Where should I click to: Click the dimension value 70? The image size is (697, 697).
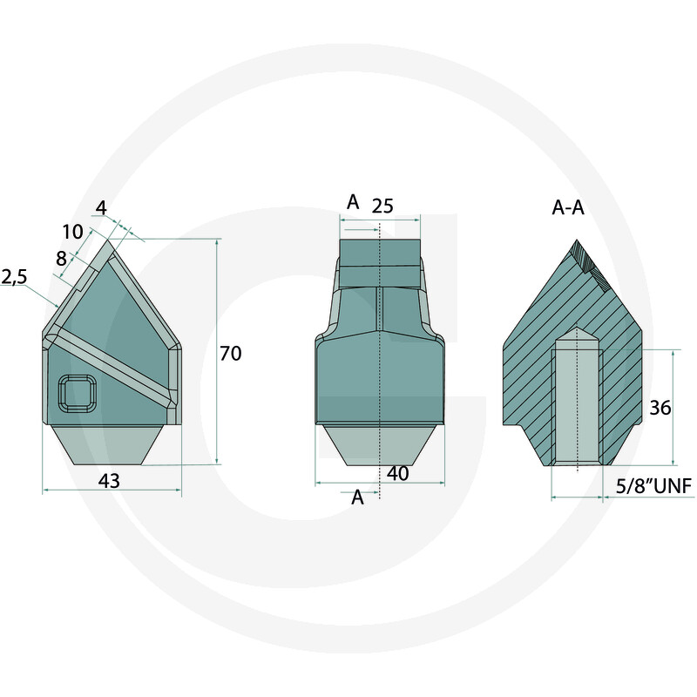coord(231,354)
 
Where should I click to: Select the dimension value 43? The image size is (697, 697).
coord(109,480)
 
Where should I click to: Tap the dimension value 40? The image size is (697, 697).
coord(397,473)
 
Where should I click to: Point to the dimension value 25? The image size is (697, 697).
coord(382,206)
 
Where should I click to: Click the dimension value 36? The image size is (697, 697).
coord(660,408)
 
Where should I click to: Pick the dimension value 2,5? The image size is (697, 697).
coord(14,277)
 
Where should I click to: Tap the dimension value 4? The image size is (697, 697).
coord(101,208)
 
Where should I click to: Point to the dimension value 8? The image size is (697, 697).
coord(60,257)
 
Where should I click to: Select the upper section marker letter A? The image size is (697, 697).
coord(353,202)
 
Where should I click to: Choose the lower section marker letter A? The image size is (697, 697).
coord(357,497)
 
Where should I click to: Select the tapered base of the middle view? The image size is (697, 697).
coord(380,444)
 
